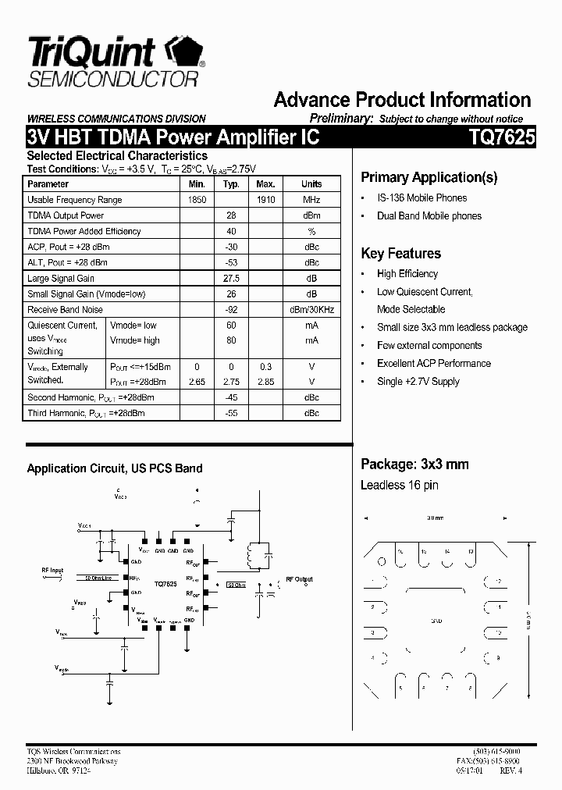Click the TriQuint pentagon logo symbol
click(x=183, y=52)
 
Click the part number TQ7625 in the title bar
click(x=502, y=138)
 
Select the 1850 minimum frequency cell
click(x=197, y=200)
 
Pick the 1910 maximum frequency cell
click(x=265, y=200)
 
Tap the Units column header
click(x=311, y=184)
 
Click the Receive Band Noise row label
click(x=65, y=310)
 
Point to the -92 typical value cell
click(x=231, y=310)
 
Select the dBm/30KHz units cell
click(x=311, y=310)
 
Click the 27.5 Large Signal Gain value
click(x=231, y=279)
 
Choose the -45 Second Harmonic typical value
click(x=231, y=397)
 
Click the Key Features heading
click(x=400, y=254)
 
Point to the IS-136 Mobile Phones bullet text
click(x=421, y=198)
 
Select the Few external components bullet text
click(x=429, y=346)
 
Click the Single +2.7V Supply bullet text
click(x=418, y=382)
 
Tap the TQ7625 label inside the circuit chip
click(x=165, y=584)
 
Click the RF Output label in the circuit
click(x=299, y=579)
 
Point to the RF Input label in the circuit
click(x=52, y=571)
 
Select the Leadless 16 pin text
click(x=399, y=485)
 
